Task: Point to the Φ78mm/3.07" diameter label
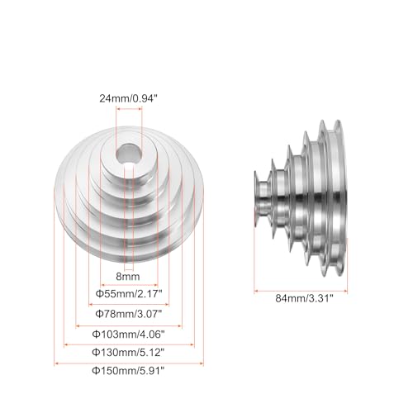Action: [127, 315]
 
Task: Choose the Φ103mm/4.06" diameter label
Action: [127, 335]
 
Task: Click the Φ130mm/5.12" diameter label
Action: [127, 353]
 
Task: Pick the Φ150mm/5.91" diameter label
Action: [127, 372]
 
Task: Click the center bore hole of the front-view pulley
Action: [127, 155]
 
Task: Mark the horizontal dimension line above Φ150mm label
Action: [127, 362]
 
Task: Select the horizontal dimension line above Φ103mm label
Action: [127, 325]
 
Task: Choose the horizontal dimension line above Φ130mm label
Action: [127, 344]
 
